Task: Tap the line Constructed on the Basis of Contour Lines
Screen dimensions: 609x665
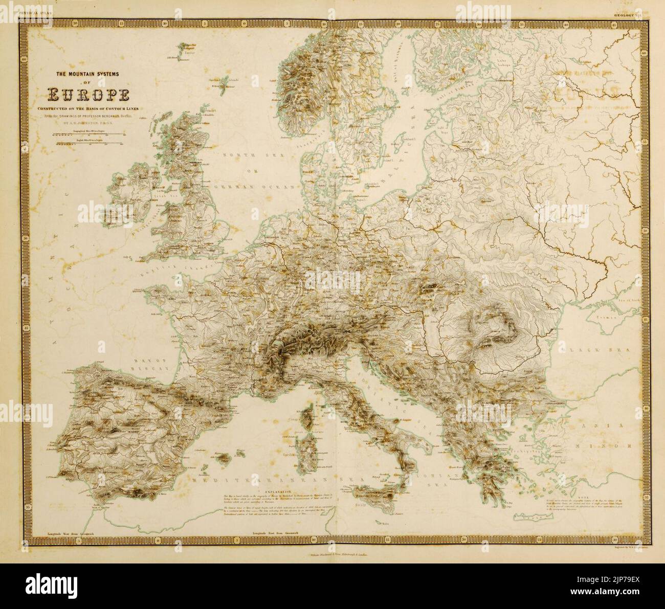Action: tap(87, 109)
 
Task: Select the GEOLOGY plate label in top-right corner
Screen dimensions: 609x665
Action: tap(626, 16)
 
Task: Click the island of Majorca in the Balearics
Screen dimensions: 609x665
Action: tap(224, 456)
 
